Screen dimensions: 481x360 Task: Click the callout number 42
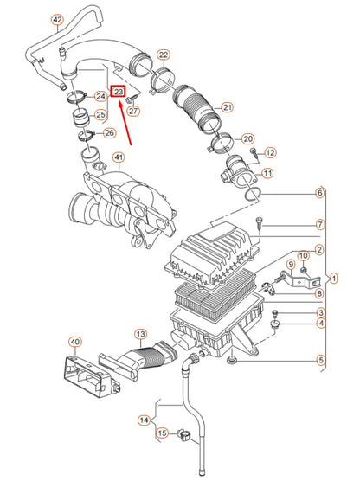point(58,19)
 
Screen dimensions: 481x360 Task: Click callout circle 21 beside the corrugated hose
point(228,108)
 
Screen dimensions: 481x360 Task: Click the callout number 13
point(140,334)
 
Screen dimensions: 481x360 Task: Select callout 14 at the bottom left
point(145,420)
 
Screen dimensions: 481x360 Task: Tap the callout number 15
point(162,433)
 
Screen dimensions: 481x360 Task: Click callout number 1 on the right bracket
point(334,279)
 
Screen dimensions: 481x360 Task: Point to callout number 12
point(270,152)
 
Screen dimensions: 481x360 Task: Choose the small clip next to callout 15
point(184,433)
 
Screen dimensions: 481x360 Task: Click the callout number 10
point(304,256)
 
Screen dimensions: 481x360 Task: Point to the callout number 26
point(109,133)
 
